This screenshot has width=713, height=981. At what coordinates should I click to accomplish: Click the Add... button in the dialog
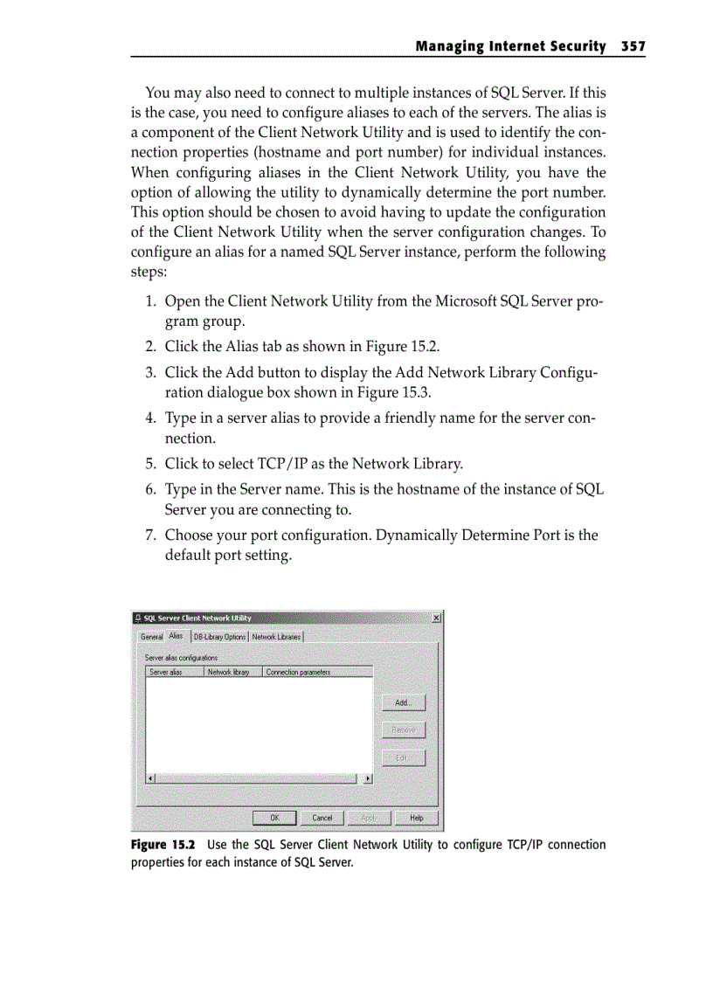coord(404,703)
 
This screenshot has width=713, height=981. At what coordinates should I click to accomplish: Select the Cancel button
coord(322,818)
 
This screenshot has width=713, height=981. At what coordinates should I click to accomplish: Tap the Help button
coord(417,818)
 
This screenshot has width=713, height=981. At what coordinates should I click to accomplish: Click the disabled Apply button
coord(370,818)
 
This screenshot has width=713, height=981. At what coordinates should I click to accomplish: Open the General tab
coord(151,637)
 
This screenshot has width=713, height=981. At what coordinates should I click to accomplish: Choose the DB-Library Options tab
coord(219,637)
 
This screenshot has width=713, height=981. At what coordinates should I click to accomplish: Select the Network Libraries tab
coord(276,637)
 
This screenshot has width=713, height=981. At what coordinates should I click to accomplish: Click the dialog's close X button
coord(436,618)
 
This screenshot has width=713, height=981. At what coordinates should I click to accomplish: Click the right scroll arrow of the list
coord(368,777)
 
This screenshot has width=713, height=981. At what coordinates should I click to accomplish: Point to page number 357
coord(633,45)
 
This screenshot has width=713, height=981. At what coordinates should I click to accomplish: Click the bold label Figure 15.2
coord(163,845)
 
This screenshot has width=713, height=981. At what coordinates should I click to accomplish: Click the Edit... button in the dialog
coord(404,757)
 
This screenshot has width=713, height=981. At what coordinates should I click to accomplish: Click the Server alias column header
coord(173,672)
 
